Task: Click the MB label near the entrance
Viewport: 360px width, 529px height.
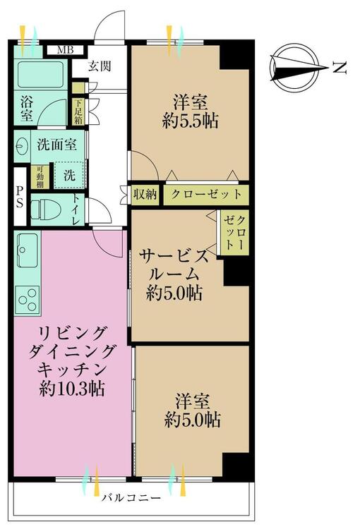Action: (65, 50)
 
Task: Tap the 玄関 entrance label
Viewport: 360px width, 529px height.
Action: (100, 66)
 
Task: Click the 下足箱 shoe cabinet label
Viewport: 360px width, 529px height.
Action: (78, 111)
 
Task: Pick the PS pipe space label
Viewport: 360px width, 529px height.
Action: (20, 195)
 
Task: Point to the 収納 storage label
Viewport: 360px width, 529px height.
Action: (145, 194)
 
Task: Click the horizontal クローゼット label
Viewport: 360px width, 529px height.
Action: (204, 194)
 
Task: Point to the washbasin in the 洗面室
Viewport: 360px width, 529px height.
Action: (23, 146)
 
